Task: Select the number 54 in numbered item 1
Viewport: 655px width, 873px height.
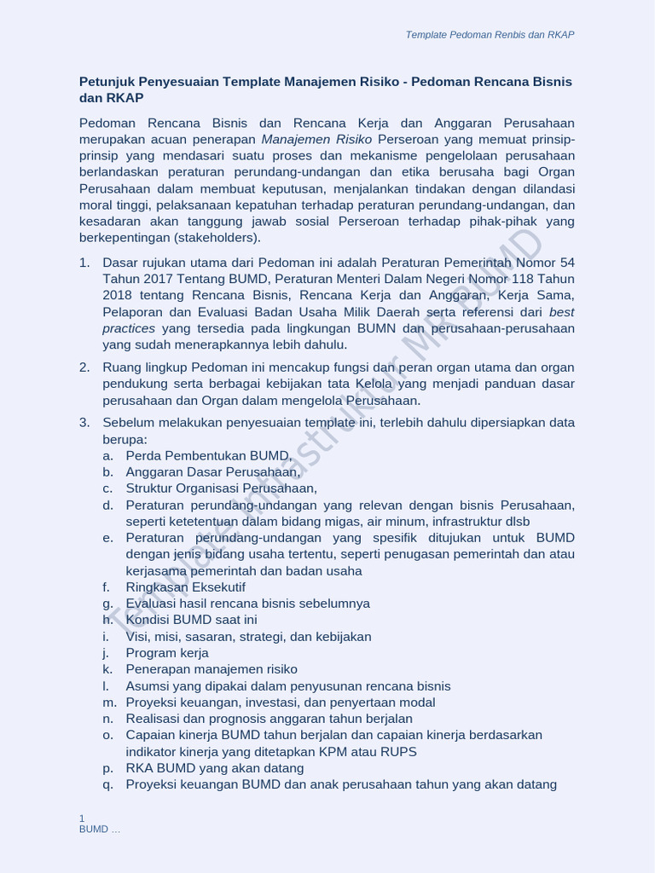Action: tap(567, 262)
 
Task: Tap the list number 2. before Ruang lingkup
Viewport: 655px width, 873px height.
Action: tap(84, 367)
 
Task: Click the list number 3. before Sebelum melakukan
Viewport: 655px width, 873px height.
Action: tap(84, 423)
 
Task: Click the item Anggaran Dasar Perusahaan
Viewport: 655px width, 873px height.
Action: tap(213, 471)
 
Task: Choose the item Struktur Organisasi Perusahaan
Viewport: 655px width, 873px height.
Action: tap(221, 489)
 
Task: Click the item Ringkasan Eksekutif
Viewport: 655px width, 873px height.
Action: tap(185, 587)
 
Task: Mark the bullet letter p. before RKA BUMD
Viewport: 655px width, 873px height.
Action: tap(107, 768)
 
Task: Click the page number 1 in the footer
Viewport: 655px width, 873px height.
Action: tap(82, 818)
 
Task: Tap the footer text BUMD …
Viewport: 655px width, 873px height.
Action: tap(100, 830)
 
